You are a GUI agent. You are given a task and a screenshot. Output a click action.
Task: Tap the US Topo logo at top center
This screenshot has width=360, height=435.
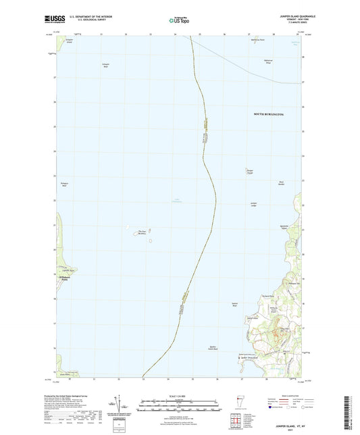coord(179,20)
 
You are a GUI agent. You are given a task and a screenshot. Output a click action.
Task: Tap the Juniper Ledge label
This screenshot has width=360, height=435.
coord(254,204)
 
